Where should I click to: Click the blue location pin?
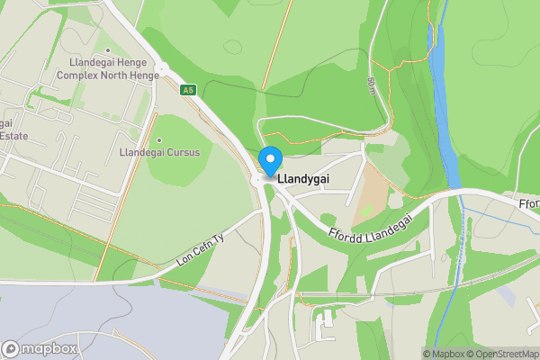pos(269,160)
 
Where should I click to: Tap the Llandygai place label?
pos(304,179)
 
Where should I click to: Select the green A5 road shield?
pos(187,90)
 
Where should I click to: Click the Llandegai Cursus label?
pos(159,152)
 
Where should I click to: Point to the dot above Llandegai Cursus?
pos(159,140)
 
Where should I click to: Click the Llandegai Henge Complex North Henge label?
pos(114,68)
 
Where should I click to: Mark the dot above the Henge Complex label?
pos(108,50)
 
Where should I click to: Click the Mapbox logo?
pos(40,348)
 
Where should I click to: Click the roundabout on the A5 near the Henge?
pos(162,68)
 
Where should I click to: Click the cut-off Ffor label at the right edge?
pos(529,203)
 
